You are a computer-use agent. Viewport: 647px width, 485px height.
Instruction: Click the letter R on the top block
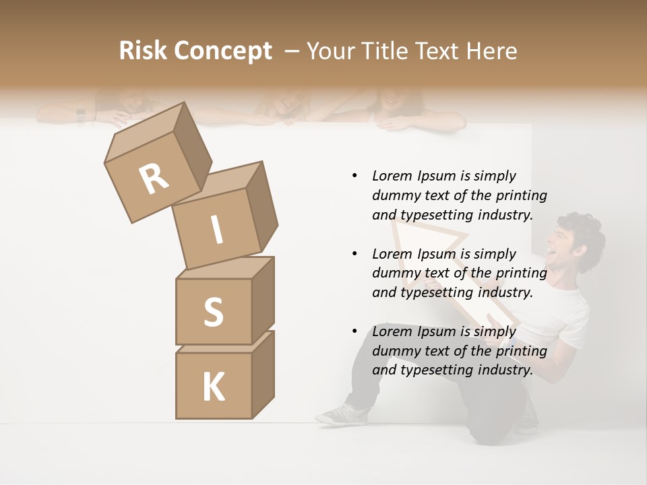coord(154,179)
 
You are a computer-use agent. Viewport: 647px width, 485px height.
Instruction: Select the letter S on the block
coord(213,312)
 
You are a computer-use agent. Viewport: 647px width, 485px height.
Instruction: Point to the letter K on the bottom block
coord(213,387)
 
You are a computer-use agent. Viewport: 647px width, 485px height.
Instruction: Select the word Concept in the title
coord(223,51)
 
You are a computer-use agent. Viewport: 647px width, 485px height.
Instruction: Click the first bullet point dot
coord(355,176)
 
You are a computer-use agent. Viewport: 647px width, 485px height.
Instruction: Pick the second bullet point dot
coord(355,254)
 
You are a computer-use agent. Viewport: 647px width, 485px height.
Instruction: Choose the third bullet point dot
coord(355,332)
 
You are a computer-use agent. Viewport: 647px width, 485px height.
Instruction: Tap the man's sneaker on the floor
coord(340,414)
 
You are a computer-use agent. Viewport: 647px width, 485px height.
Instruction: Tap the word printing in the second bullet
coord(521,273)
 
